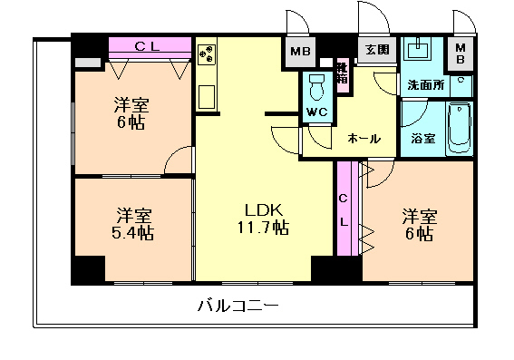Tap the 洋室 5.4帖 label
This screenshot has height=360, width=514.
[x=133, y=224]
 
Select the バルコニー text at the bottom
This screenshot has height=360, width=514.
[x=238, y=306]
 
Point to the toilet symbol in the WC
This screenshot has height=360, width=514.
[x=316, y=88]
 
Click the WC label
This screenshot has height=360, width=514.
[x=316, y=112]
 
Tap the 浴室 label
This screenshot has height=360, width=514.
[x=422, y=140]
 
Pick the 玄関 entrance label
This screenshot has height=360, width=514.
[x=377, y=49]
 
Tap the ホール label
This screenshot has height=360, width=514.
[x=364, y=139]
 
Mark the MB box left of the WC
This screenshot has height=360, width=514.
[x=298, y=51]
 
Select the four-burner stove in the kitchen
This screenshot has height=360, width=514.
[x=207, y=54]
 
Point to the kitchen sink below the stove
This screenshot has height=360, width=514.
[x=206, y=96]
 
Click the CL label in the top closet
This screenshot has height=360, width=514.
[x=150, y=45]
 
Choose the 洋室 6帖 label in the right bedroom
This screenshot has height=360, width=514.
[x=420, y=224]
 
